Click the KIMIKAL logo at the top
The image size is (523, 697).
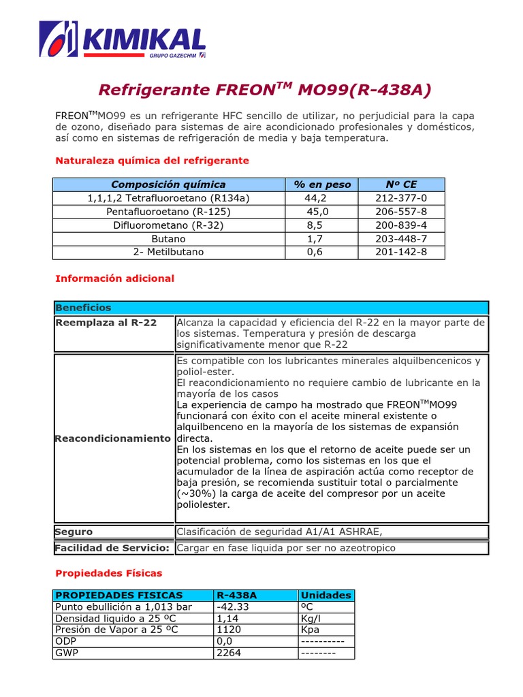point(123,40)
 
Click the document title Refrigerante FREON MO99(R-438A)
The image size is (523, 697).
point(265,91)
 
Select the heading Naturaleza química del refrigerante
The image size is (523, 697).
point(152,161)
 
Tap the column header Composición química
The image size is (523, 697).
point(168,184)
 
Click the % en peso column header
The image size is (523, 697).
point(323,184)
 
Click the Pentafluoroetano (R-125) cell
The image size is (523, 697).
point(169,212)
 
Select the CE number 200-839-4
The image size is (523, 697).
point(401,225)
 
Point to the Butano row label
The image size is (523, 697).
point(169,239)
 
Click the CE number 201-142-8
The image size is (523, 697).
point(401,252)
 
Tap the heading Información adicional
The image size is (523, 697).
point(114,278)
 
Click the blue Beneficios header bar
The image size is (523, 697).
point(271,308)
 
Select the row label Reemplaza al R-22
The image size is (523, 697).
point(106,323)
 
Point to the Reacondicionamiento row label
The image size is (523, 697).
point(113,438)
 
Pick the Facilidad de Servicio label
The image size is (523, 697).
point(112,548)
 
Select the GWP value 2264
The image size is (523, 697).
point(228,653)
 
